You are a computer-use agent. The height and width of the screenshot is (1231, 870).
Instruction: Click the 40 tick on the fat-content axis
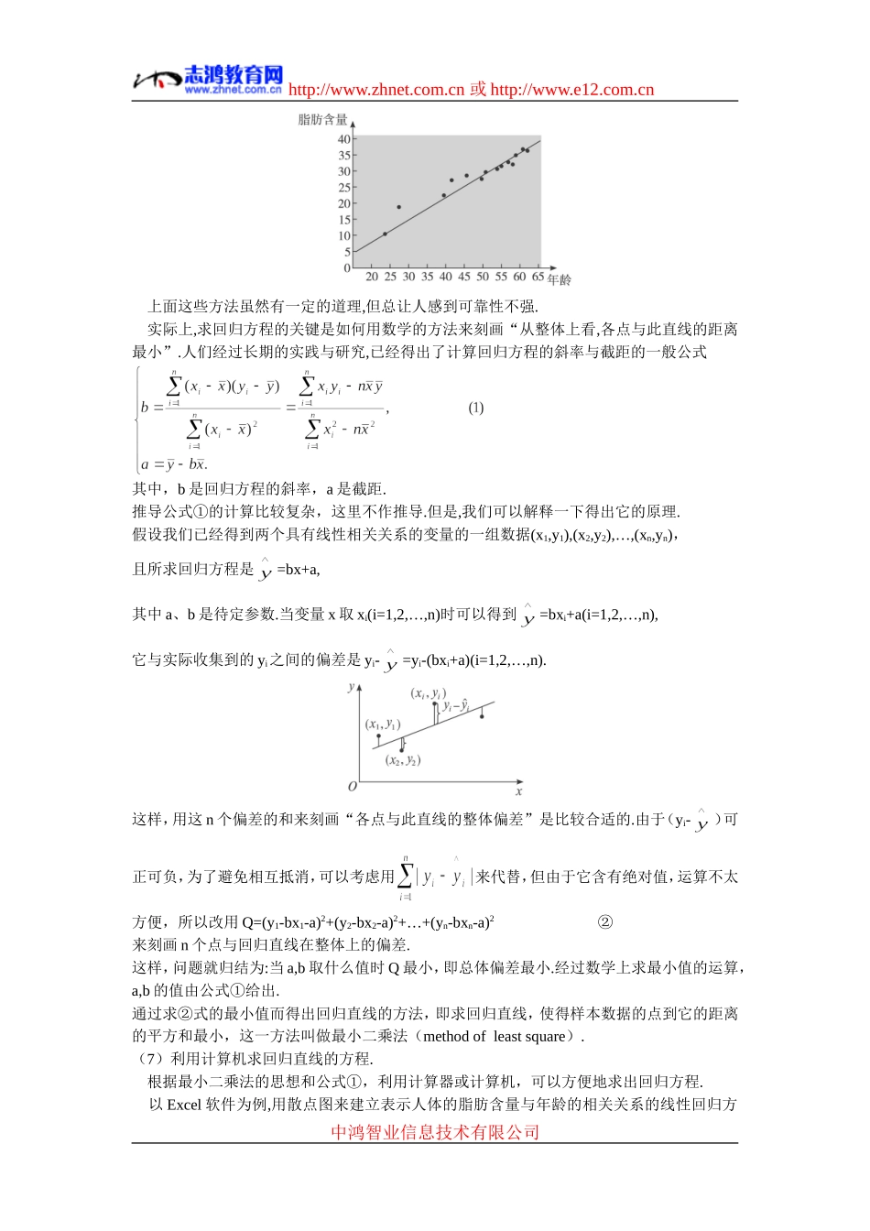[x=344, y=139]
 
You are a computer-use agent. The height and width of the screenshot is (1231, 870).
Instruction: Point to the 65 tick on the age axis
[x=538, y=277]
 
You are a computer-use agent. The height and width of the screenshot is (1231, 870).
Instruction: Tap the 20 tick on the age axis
[x=372, y=277]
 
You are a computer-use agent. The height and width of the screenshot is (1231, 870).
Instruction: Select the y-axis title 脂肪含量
[x=322, y=120]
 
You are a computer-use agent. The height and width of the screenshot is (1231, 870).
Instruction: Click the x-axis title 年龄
[x=560, y=279]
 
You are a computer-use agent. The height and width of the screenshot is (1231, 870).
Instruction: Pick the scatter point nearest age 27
[x=398, y=207]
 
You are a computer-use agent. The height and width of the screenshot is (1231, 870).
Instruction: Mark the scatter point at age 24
[x=385, y=234]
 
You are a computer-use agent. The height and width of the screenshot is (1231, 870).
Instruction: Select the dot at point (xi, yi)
[x=435, y=704]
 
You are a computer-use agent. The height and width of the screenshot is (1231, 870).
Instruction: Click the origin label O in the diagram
[x=352, y=787]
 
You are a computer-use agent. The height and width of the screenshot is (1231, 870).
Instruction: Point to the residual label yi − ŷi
[x=456, y=706]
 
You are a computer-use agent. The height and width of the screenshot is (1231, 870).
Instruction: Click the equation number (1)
[x=476, y=408]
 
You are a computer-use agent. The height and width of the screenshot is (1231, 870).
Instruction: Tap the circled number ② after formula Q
[x=604, y=921]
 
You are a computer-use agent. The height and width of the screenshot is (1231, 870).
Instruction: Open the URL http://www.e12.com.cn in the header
[x=572, y=90]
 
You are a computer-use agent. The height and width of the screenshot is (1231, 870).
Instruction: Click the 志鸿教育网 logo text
[x=234, y=74]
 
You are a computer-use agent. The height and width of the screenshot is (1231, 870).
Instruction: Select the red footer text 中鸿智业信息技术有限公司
[x=435, y=1132]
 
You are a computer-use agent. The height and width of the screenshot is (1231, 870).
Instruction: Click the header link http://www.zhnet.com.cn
[x=376, y=90]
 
